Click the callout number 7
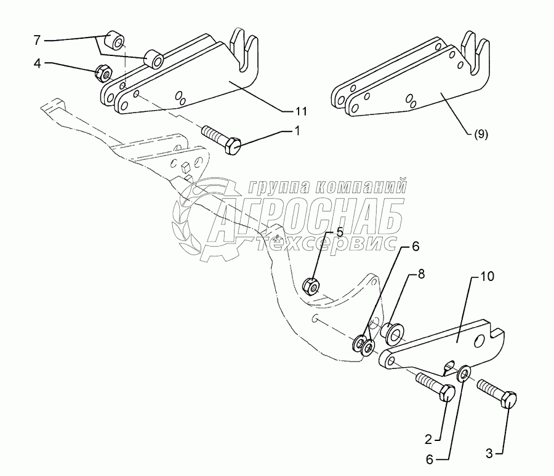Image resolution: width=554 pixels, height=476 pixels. point(37,40)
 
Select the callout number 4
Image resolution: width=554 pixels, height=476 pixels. point(37,63)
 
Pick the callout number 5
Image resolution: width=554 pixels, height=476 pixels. point(321,232)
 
